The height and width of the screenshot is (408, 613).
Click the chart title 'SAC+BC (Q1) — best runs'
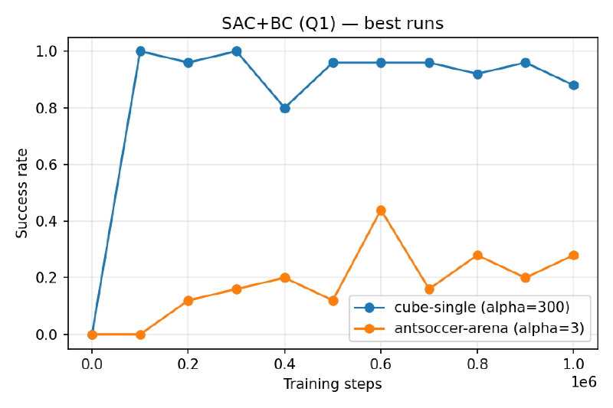333,24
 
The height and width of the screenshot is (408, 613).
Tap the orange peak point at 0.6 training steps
381,211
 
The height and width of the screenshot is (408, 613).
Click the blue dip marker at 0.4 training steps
285,108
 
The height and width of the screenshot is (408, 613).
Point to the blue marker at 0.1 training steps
140,51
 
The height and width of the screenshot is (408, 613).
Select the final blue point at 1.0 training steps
573,85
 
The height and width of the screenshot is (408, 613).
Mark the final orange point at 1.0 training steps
573,255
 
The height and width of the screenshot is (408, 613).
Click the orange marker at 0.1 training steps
140,335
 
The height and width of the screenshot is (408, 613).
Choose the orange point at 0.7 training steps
429,289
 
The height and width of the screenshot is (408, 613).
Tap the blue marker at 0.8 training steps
477,74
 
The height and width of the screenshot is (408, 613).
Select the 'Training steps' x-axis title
333,384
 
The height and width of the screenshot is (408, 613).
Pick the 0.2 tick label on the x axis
188,365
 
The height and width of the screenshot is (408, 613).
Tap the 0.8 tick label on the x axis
477,365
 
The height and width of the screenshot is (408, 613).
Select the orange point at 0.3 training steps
237,289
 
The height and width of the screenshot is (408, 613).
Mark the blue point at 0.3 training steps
237,51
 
